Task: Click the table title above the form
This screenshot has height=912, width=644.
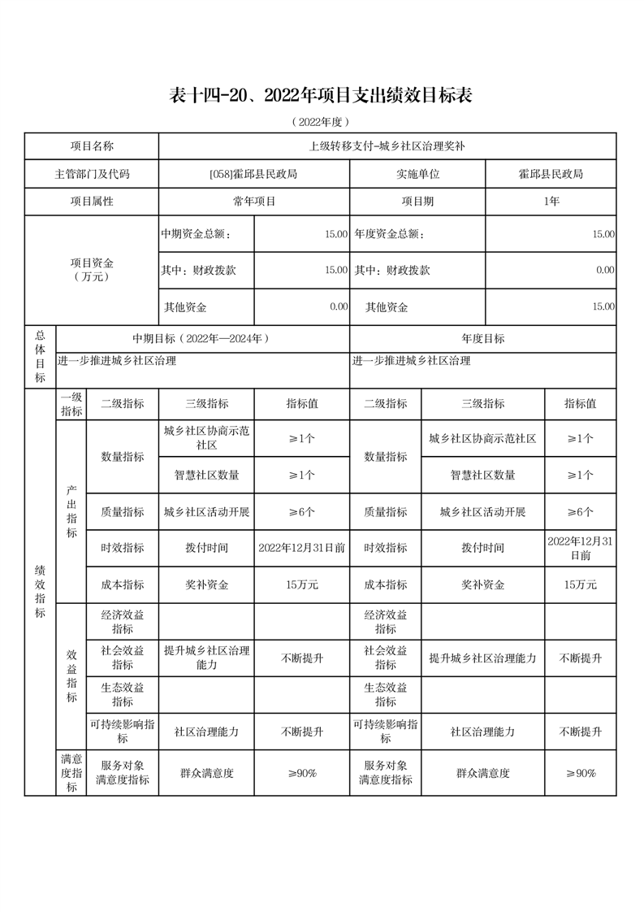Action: click(321, 96)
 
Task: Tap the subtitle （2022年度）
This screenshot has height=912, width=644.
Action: click(321, 122)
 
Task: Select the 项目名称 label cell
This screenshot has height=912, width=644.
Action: click(92, 146)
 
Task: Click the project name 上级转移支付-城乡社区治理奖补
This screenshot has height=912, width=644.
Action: click(387, 146)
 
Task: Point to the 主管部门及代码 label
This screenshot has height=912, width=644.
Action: click(92, 174)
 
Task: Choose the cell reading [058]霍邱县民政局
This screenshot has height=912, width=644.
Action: click(253, 174)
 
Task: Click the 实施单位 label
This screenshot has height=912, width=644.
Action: click(417, 174)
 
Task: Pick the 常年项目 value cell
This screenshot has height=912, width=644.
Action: click(253, 201)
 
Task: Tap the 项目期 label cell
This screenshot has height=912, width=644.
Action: click(417, 201)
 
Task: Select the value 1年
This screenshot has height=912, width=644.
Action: click(551, 201)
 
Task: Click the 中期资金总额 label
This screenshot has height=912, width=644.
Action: click(196, 234)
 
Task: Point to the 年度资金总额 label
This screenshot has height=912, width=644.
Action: click(389, 234)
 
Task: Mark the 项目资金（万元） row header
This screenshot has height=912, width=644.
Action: click(92, 270)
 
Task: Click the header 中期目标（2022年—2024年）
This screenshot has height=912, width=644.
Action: click(201, 339)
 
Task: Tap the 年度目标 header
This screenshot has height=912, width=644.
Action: click(482, 339)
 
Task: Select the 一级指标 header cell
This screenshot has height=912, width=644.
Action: click(71, 403)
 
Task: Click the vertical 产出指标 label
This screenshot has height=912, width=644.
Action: click(71, 512)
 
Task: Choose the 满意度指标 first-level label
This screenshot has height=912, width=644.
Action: click(71, 773)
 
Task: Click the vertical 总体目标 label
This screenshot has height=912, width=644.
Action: click(40, 356)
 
